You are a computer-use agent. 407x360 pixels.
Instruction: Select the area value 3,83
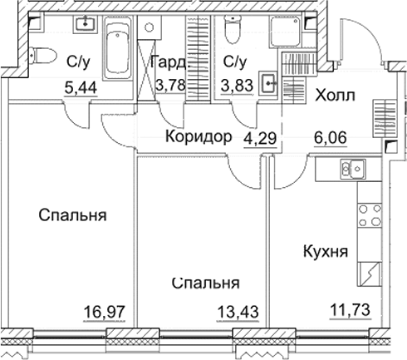pyautogui.click(x=236, y=84)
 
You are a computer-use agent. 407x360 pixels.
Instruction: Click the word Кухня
pyautogui.click(x=326, y=253)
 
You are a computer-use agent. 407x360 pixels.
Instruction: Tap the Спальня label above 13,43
pyautogui.click(x=206, y=283)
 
